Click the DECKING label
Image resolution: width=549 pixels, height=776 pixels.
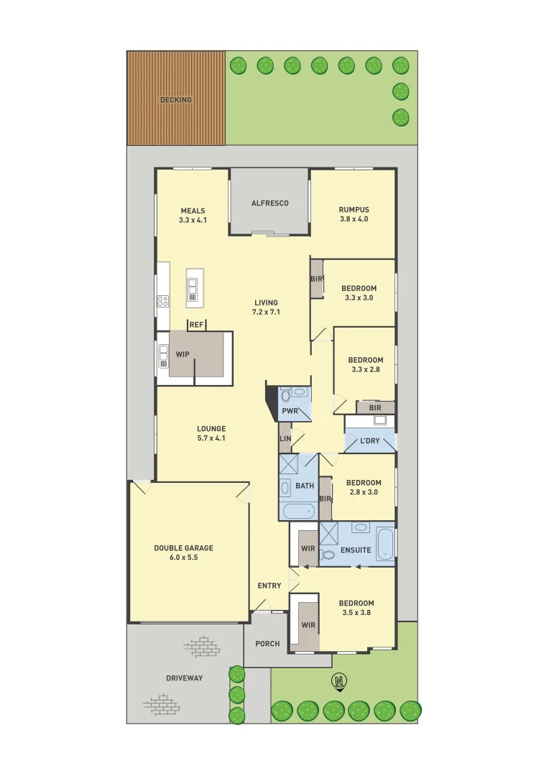(176, 100)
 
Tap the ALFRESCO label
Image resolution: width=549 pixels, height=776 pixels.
(269, 203)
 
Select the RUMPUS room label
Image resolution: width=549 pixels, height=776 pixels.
(354, 210)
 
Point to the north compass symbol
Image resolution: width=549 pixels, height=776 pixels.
(338, 680)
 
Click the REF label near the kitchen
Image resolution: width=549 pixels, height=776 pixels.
(196, 325)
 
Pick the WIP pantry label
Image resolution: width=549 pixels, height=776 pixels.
(183, 354)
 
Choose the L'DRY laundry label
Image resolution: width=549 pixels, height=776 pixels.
(371, 440)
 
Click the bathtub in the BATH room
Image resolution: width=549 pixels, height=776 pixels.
(297, 511)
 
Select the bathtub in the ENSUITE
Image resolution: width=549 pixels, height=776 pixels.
(384, 544)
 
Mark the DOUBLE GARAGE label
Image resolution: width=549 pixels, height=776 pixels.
(183, 548)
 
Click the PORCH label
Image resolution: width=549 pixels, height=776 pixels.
(267, 644)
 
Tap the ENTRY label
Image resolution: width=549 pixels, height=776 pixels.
(269, 586)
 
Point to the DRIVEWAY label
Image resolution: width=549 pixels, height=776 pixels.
(185, 678)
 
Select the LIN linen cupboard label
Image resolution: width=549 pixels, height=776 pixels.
(285, 438)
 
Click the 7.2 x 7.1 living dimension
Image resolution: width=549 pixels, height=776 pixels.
(266, 313)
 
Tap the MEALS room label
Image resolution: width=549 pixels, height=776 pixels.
(193, 211)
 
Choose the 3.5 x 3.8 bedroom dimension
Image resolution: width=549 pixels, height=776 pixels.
(357, 613)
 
